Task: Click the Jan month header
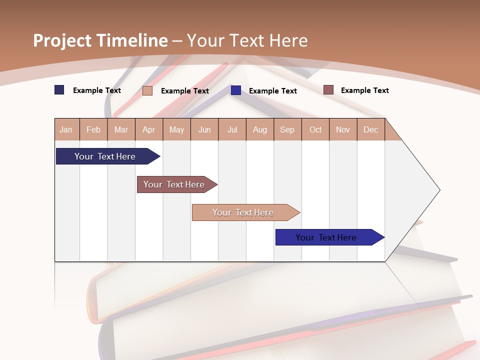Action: point(66,129)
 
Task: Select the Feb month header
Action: point(93,129)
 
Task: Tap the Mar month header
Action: point(121,129)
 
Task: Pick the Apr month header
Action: point(149,129)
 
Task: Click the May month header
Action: point(176,129)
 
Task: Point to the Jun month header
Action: point(204,129)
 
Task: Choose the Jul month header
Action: point(232,129)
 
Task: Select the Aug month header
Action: point(260,129)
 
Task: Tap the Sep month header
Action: point(287,129)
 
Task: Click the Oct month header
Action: point(315,129)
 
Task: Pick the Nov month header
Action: point(343,129)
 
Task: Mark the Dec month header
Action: point(371,129)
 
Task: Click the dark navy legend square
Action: point(59,90)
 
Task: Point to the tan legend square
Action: point(147,90)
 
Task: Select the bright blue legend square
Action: point(236,90)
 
